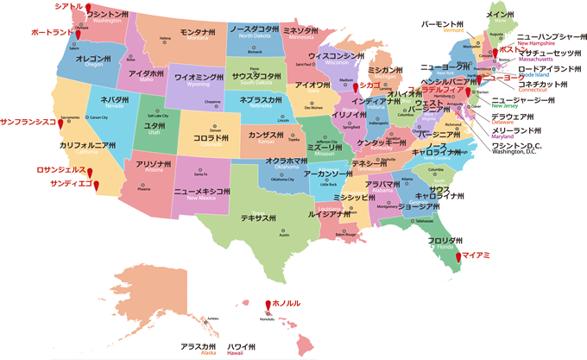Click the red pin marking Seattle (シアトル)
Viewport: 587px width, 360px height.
tap(86, 10)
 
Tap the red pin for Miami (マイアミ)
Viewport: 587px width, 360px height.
tap(455, 256)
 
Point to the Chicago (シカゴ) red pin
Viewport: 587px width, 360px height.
tap(355, 87)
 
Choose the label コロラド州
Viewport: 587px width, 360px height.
tap(211, 136)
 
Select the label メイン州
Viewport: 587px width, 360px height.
tap(501, 15)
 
